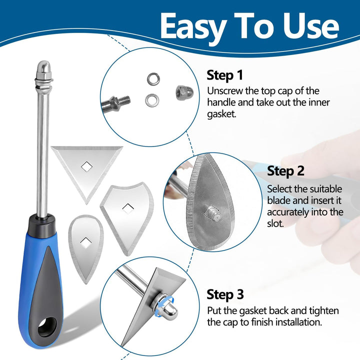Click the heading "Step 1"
coord(225,75)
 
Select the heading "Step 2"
coord(285,171)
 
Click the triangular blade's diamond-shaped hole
coord(87,166)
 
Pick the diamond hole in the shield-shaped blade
coord(128,208)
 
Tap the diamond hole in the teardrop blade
coord(85,242)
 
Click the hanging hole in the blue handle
coord(47,327)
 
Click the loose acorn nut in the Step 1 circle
coord(184,92)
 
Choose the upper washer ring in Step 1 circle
coord(153,79)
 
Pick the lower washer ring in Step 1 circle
coord(152,100)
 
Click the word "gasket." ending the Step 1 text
coord(221,114)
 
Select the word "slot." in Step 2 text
coord(275,223)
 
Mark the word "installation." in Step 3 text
coord(298,322)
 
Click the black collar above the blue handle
coord(42,226)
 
